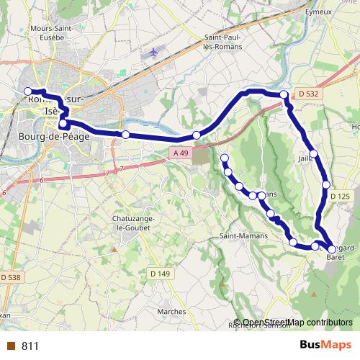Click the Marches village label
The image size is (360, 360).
(171, 311)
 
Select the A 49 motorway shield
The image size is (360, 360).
(181, 153)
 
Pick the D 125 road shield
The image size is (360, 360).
(339, 196)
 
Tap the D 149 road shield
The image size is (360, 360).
(161, 273)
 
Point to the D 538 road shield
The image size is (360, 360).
(11, 277)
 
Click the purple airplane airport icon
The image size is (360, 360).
(153, 53)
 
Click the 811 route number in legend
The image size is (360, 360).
(30, 346)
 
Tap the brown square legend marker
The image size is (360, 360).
(11, 346)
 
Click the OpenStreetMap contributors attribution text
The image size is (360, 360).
(297, 323)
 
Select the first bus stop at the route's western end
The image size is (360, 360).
(29, 91)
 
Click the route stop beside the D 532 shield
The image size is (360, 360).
(284, 95)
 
